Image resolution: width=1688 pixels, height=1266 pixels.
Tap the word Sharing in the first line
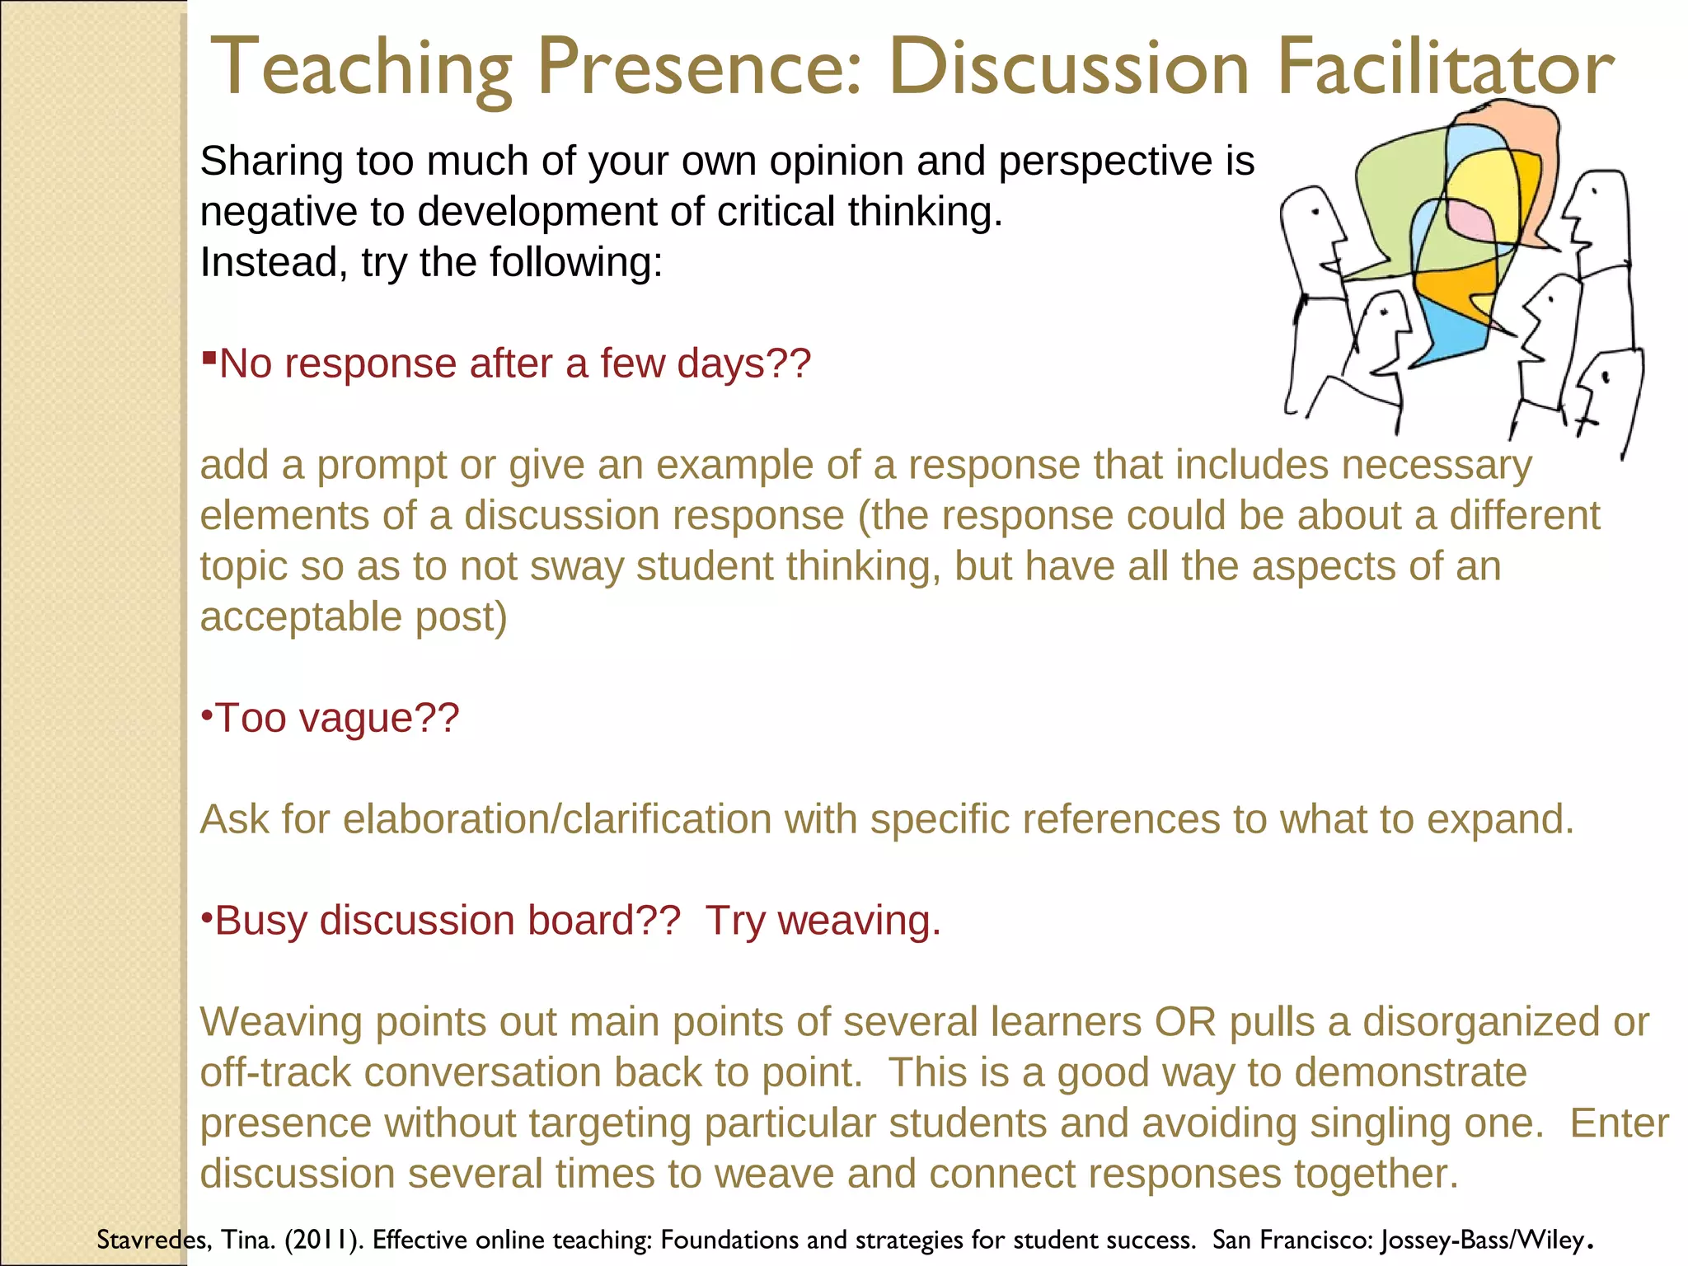[271, 162]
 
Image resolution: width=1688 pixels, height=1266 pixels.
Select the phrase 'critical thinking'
[859, 212]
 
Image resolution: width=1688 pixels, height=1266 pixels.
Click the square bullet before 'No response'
[209, 358]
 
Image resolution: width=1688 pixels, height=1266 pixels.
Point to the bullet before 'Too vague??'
[207, 714]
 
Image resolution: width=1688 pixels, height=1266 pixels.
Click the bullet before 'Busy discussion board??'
[207, 917]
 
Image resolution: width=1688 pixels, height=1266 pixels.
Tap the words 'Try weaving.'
[823, 921]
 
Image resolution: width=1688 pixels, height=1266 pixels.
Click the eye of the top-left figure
[1315, 212]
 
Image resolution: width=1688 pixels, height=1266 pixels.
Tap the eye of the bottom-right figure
[1606, 377]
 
